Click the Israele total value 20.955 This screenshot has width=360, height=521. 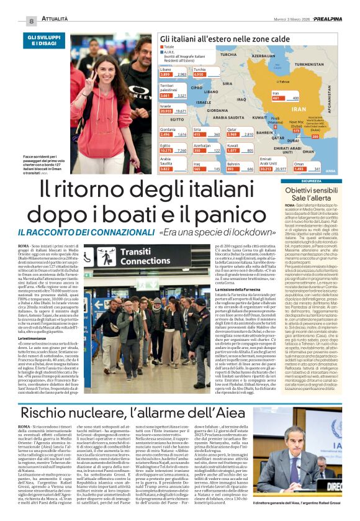166,111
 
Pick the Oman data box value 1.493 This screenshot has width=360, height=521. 299,168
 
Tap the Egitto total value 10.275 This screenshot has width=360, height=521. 166,150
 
